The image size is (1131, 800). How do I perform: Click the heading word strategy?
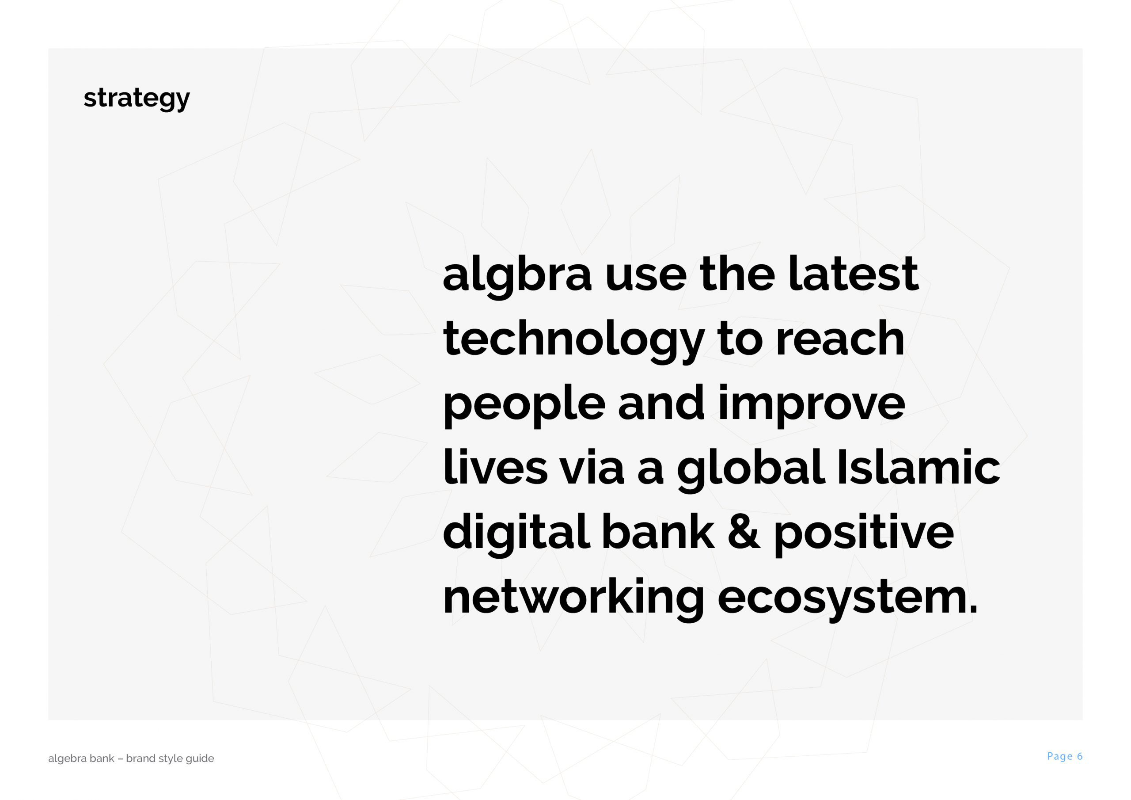tap(137, 99)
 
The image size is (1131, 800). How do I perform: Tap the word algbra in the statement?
tap(517, 276)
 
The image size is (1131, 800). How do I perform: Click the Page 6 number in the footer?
tap(1064, 756)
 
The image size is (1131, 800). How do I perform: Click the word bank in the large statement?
tap(658, 531)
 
